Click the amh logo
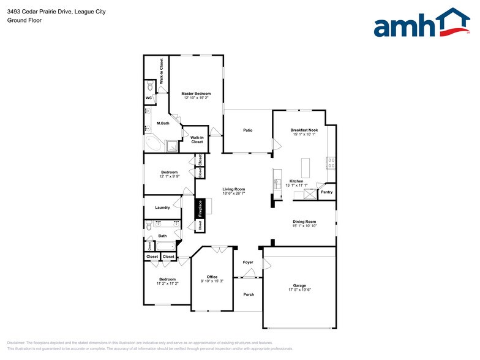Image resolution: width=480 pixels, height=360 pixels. pos(421,24)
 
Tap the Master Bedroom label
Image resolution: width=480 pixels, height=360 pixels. pos(196,94)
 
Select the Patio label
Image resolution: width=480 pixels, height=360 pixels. pos(248,130)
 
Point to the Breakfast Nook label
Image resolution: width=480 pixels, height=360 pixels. pos(304,130)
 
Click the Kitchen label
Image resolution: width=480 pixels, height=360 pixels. pos(296,181)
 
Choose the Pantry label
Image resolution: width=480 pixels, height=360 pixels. pos(327,192)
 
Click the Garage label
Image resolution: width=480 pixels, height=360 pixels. pos(299,285)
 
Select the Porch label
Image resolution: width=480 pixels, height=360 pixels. pos(249,294)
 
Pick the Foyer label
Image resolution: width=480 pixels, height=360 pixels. pos(248,262)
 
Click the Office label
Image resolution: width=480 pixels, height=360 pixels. pos(212,277)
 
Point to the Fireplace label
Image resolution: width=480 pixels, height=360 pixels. pos(200,209)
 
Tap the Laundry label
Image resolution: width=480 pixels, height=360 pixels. pos(162,208)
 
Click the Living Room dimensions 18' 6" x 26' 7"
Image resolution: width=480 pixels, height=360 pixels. pos(233,193)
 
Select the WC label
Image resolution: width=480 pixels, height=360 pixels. pos(149,98)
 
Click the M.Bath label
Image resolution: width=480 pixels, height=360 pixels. pos(163,123)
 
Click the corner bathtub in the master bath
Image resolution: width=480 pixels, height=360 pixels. pos(152,143)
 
